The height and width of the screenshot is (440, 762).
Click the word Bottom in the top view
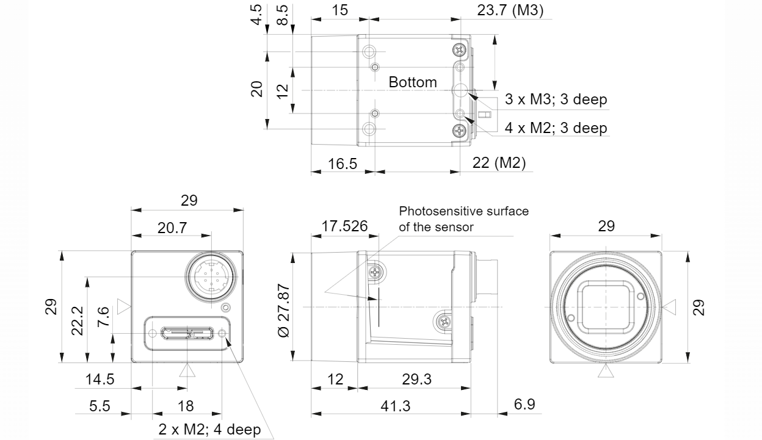click(413, 82)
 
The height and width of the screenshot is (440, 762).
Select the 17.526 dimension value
click(344, 226)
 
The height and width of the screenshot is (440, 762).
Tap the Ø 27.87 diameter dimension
click(283, 311)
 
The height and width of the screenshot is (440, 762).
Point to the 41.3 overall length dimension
click(395, 406)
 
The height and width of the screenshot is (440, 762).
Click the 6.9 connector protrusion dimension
click(524, 404)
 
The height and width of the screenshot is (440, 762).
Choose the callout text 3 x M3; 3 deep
click(556, 99)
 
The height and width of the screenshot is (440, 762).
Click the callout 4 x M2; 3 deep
click(556, 128)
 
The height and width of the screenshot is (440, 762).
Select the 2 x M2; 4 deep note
click(209, 430)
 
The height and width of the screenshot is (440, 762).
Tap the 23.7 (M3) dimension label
click(510, 10)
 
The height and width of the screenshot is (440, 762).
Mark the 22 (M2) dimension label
click(499, 163)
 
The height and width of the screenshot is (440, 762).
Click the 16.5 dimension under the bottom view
click(342, 164)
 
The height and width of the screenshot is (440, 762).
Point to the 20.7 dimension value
click(172, 228)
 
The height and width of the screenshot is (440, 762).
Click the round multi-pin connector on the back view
click(211, 278)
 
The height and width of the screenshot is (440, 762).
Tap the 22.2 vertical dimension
click(77, 320)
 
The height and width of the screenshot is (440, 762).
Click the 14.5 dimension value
click(100, 379)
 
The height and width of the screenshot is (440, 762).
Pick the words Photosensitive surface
click(463, 211)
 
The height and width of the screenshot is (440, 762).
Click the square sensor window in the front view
click(606, 307)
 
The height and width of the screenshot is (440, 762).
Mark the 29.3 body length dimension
click(416, 379)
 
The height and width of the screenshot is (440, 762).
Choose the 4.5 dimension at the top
click(256, 15)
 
